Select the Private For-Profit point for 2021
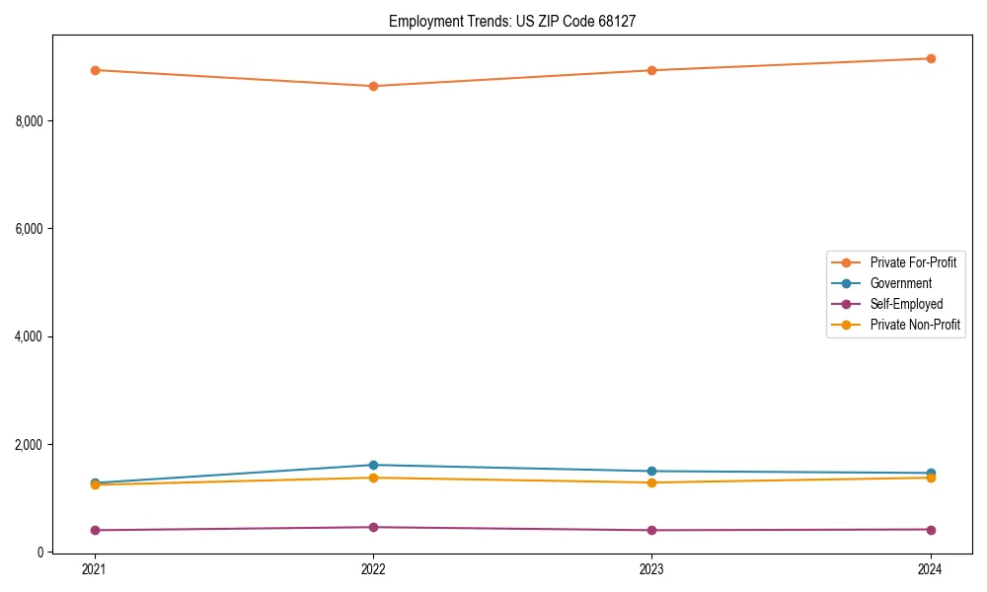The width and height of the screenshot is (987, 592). (x=95, y=70)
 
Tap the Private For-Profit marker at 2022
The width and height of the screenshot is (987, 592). (x=373, y=86)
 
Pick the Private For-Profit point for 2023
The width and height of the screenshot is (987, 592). (x=651, y=70)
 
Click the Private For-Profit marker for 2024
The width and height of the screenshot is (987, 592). (x=931, y=58)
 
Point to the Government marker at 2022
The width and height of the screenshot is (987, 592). (x=373, y=465)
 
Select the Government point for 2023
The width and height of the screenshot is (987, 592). (x=651, y=471)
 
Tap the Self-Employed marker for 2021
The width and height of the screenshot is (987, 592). (x=95, y=530)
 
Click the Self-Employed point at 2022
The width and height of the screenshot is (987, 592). (x=373, y=527)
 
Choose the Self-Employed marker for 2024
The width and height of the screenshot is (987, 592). (x=931, y=529)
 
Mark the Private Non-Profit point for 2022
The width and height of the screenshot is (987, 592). (x=373, y=478)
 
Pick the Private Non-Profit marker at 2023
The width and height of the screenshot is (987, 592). (x=651, y=482)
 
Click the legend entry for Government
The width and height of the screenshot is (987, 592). (x=900, y=283)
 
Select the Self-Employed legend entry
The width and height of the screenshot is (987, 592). (x=906, y=304)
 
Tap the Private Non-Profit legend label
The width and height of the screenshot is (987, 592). (x=915, y=325)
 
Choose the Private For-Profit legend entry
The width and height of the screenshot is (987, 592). (x=913, y=262)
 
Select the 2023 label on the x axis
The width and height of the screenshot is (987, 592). (x=651, y=568)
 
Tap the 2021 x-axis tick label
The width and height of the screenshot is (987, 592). (x=95, y=568)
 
